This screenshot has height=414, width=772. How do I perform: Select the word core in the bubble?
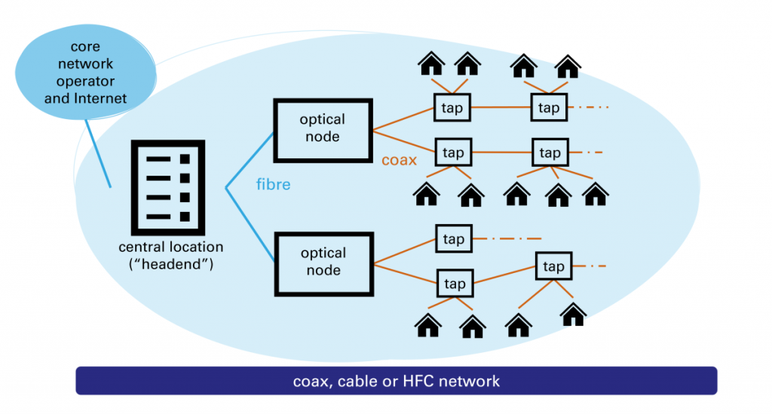tap(86, 47)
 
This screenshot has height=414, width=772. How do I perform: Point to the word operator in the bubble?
tap(85, 81)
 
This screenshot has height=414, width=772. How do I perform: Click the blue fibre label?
tap(273, 184)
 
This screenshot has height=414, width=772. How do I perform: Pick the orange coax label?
tap(400, 160)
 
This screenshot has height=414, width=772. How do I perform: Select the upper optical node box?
tap(323, 129)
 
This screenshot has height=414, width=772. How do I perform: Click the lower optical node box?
tap(323, 262)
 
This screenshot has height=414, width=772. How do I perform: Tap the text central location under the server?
tap(170, 247)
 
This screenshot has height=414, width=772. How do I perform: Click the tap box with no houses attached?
tap(453, 239)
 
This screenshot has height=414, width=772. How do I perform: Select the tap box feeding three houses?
tap(550, 153)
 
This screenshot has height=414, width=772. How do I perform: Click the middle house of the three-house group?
tap(558, 196)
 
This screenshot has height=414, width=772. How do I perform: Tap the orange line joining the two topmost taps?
tap(501, 108)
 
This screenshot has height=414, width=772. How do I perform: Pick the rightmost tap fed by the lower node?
tap(553, 267)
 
